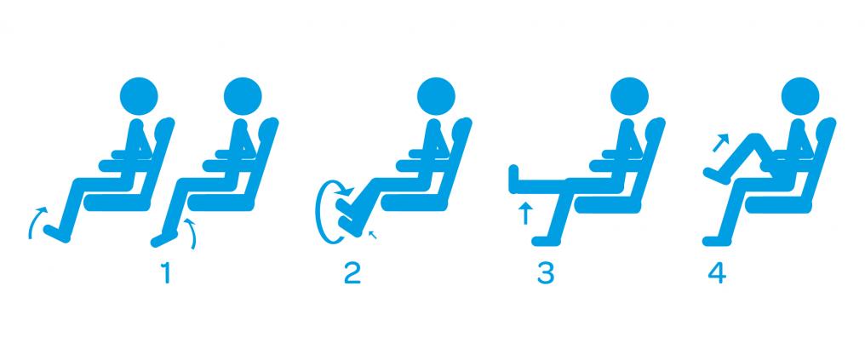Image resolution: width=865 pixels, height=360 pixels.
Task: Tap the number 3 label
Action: pyautogui.click(x=545, y=274)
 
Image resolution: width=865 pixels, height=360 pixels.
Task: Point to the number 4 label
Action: pyautogui.click(x=718, y=274)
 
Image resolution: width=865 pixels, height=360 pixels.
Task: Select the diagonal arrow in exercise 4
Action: pyautogui.click(x=720, y=141)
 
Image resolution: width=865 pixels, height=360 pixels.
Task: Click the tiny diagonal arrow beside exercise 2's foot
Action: pyautogui.click(x=373, y=235)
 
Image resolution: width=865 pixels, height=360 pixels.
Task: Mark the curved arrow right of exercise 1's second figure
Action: pyautogui.click(x=192, y=232)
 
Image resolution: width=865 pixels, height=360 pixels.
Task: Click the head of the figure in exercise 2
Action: pyautogui.click(x=436, y=96)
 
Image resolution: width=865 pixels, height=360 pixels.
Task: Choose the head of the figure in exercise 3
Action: pyautogui.click(x=629, y=96)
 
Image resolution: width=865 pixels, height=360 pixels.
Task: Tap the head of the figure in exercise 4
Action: pyautogui.click(x=800, y=96)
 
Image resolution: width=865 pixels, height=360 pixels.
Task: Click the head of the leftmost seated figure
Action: pyautogui.click(x=139, y=96)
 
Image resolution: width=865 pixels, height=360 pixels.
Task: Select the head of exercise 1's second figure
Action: pyautogui.click(x=243, y=96)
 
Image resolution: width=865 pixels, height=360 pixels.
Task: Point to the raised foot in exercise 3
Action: pyautogui.click(x=513, y=180)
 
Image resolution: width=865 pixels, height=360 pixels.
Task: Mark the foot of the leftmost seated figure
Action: pyautogui.click(x=57, y=233)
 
